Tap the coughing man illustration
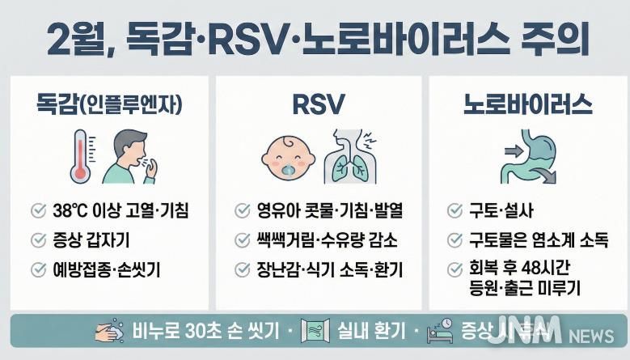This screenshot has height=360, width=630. [x=129, y=155]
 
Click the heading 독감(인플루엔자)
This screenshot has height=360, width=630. [x=109, y=104]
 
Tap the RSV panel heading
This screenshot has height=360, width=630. [x=318, y=104]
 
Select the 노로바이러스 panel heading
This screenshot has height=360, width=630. [x=528, y=104]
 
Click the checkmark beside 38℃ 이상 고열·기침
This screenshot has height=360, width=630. [x=38, y=212]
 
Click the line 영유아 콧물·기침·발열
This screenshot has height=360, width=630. [x=328, y=212]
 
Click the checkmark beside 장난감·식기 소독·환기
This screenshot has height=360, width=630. [x=242, y=269]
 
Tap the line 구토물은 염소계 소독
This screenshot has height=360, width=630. [x=538, y=240]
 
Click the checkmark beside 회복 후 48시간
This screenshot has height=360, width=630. [x=455, y=269]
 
